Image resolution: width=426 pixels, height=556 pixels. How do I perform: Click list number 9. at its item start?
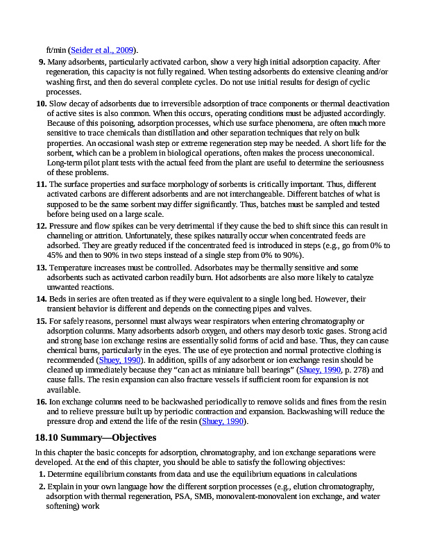[41, 62]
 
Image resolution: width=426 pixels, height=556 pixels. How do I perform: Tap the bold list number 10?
[41, 103]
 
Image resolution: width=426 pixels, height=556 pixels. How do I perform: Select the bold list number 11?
[41, 184]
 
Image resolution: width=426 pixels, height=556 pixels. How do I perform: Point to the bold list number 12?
[41, 225]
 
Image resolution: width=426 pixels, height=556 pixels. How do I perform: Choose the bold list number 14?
[41, 298]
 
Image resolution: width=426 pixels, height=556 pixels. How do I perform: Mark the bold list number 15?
[41, 320]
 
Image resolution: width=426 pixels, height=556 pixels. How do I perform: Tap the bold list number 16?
[41, 402]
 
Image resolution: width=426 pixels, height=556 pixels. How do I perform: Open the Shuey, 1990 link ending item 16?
[223, 421]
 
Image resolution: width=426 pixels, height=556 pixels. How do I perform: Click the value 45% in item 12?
[56, 255]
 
